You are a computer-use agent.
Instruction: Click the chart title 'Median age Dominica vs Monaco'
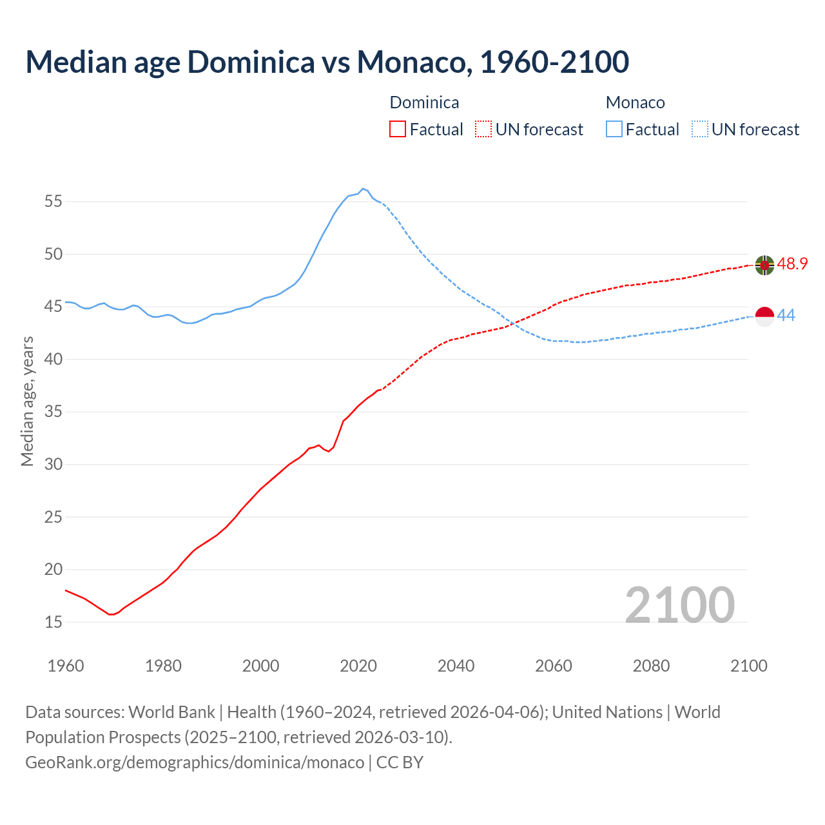327,62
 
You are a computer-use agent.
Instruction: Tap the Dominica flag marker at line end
764,265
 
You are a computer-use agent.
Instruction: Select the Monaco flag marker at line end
764,316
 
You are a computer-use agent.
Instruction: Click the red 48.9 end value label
792,264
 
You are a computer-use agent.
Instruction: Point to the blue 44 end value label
786,315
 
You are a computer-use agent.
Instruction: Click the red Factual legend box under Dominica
398,130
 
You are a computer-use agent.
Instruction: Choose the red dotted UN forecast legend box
483,130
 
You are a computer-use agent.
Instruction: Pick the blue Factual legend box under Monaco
614,130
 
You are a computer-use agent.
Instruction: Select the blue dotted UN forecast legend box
700,130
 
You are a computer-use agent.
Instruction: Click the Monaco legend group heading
635,102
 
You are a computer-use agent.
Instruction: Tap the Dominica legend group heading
424,102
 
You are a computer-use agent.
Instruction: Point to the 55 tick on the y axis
53,202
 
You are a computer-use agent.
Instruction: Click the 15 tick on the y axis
53,623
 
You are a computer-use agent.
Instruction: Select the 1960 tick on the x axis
66,666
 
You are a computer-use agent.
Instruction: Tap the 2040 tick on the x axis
456,666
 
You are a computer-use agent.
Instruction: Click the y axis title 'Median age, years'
27,401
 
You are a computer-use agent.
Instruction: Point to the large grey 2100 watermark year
679,605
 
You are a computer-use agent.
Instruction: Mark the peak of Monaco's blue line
363,188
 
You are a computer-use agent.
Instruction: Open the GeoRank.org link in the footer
195,762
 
